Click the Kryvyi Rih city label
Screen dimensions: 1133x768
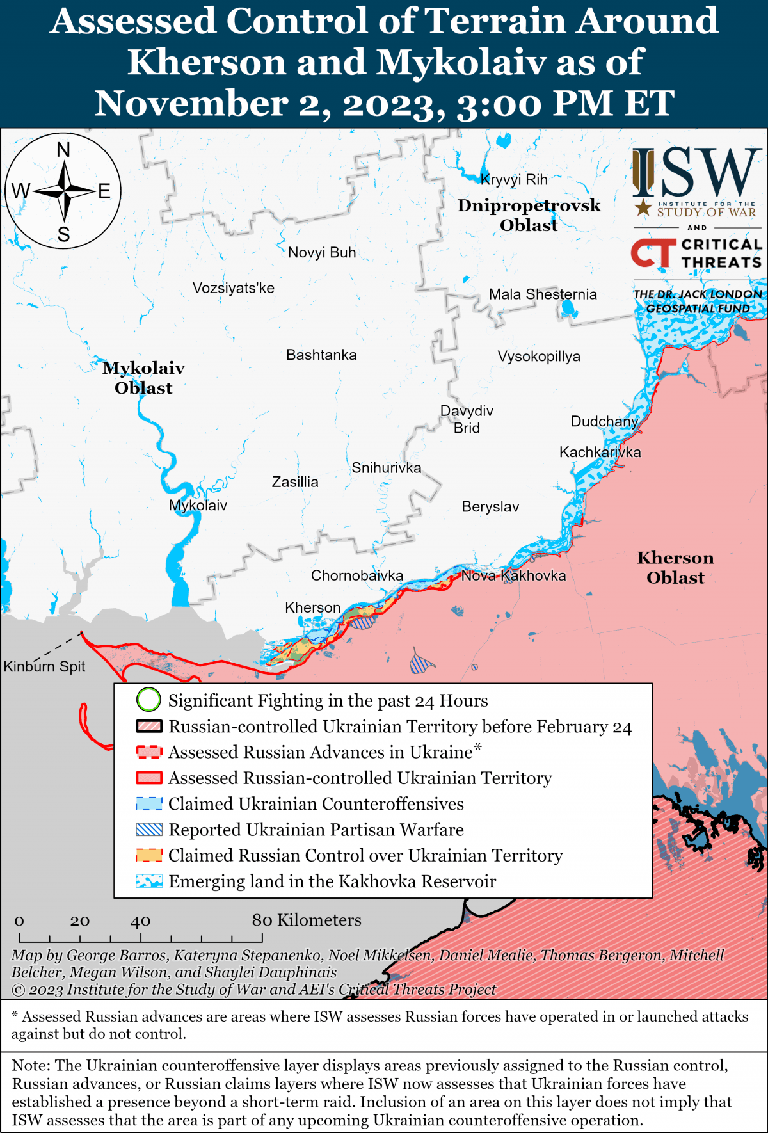[x=514, y=180]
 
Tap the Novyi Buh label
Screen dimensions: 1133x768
[x=321, y=253]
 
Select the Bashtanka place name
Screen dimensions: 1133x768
[x=321, y=355]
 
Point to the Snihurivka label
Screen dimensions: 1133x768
[x=386, y=468]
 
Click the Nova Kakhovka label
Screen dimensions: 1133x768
[x=513, y=575]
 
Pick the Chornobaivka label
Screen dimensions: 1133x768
[x=356, y=575]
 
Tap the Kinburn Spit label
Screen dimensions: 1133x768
[x=44, y=666]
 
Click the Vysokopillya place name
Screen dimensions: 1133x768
[x=539, y=357]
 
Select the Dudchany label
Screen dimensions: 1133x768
[x=604, y=421]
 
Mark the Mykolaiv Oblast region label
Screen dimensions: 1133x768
[x=143, y=378]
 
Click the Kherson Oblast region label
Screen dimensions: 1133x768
[x=675, y=568]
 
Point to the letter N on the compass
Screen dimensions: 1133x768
[x=63, y=150]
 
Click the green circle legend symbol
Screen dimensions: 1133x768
[x=148, y=700]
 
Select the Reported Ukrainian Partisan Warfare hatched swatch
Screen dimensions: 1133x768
[x=149, y=830]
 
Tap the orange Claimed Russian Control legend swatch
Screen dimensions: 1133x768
[x=149, y=855]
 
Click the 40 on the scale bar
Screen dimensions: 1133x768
[x=140, y=921]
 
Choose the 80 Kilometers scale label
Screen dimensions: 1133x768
[x=306, y=920]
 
